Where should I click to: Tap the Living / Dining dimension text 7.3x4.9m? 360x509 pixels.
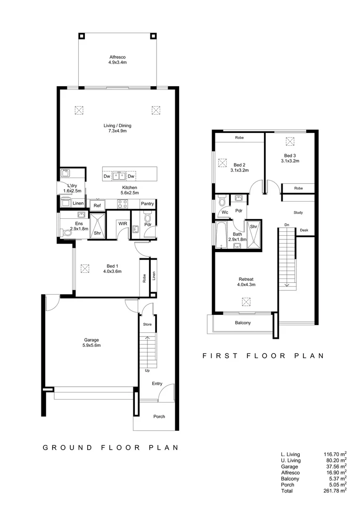117,131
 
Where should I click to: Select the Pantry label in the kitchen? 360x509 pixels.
147,204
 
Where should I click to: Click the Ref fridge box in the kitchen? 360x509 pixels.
97,205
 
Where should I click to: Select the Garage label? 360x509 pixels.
91,340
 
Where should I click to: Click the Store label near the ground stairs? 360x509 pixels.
147,325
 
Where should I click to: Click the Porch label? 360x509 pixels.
159,417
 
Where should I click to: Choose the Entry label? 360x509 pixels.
157,384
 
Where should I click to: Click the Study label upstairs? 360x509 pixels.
298,213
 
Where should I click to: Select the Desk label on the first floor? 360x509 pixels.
304,230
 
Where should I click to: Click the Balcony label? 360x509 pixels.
243,323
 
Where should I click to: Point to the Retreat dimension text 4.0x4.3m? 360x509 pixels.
246,285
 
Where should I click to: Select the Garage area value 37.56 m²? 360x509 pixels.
335,466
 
